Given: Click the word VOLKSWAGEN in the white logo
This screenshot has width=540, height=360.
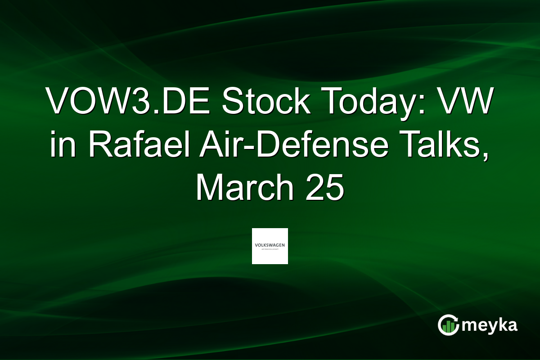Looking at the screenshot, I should pos(270,245).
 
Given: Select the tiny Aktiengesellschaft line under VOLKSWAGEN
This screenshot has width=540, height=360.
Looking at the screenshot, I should pos(270,249).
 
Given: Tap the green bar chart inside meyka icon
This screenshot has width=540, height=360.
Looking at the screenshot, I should pos(448,327).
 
